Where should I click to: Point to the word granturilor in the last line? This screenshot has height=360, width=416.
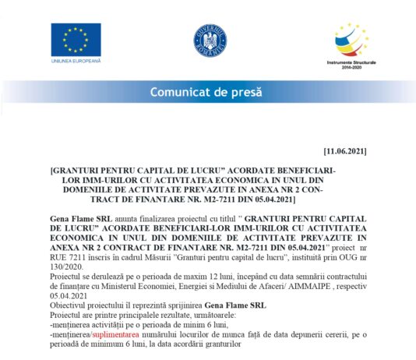(222, 344)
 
